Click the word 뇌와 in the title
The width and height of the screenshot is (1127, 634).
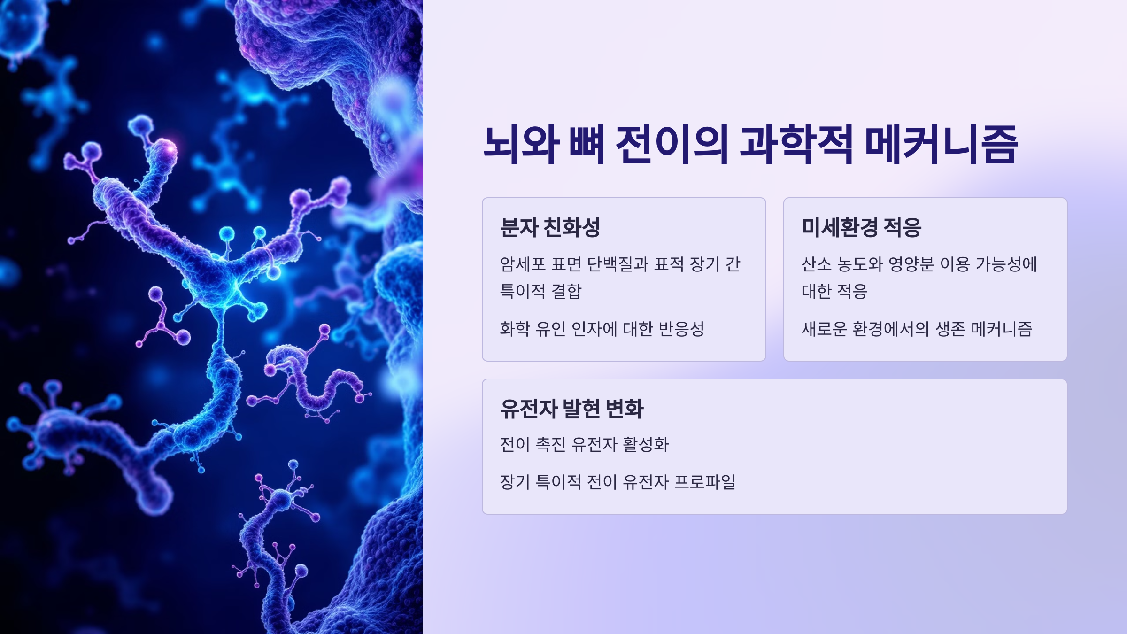point(521,144)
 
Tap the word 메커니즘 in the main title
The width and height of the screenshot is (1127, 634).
point(941,144)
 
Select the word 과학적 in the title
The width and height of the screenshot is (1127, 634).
point(796,144)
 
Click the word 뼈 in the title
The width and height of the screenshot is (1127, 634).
point(587,144)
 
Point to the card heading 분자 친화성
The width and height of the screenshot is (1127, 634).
point(550,227)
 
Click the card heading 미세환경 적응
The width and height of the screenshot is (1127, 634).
point(861,227)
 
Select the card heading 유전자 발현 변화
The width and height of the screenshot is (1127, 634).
point(571,409)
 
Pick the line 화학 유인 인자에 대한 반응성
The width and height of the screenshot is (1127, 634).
point(602,329)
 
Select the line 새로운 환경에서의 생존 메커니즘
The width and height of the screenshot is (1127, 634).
point(917,329)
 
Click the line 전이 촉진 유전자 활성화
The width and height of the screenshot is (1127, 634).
point(584,444)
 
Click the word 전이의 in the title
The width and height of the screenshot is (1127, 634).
point(672,144)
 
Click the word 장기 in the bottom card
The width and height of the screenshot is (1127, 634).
point(515,482)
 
